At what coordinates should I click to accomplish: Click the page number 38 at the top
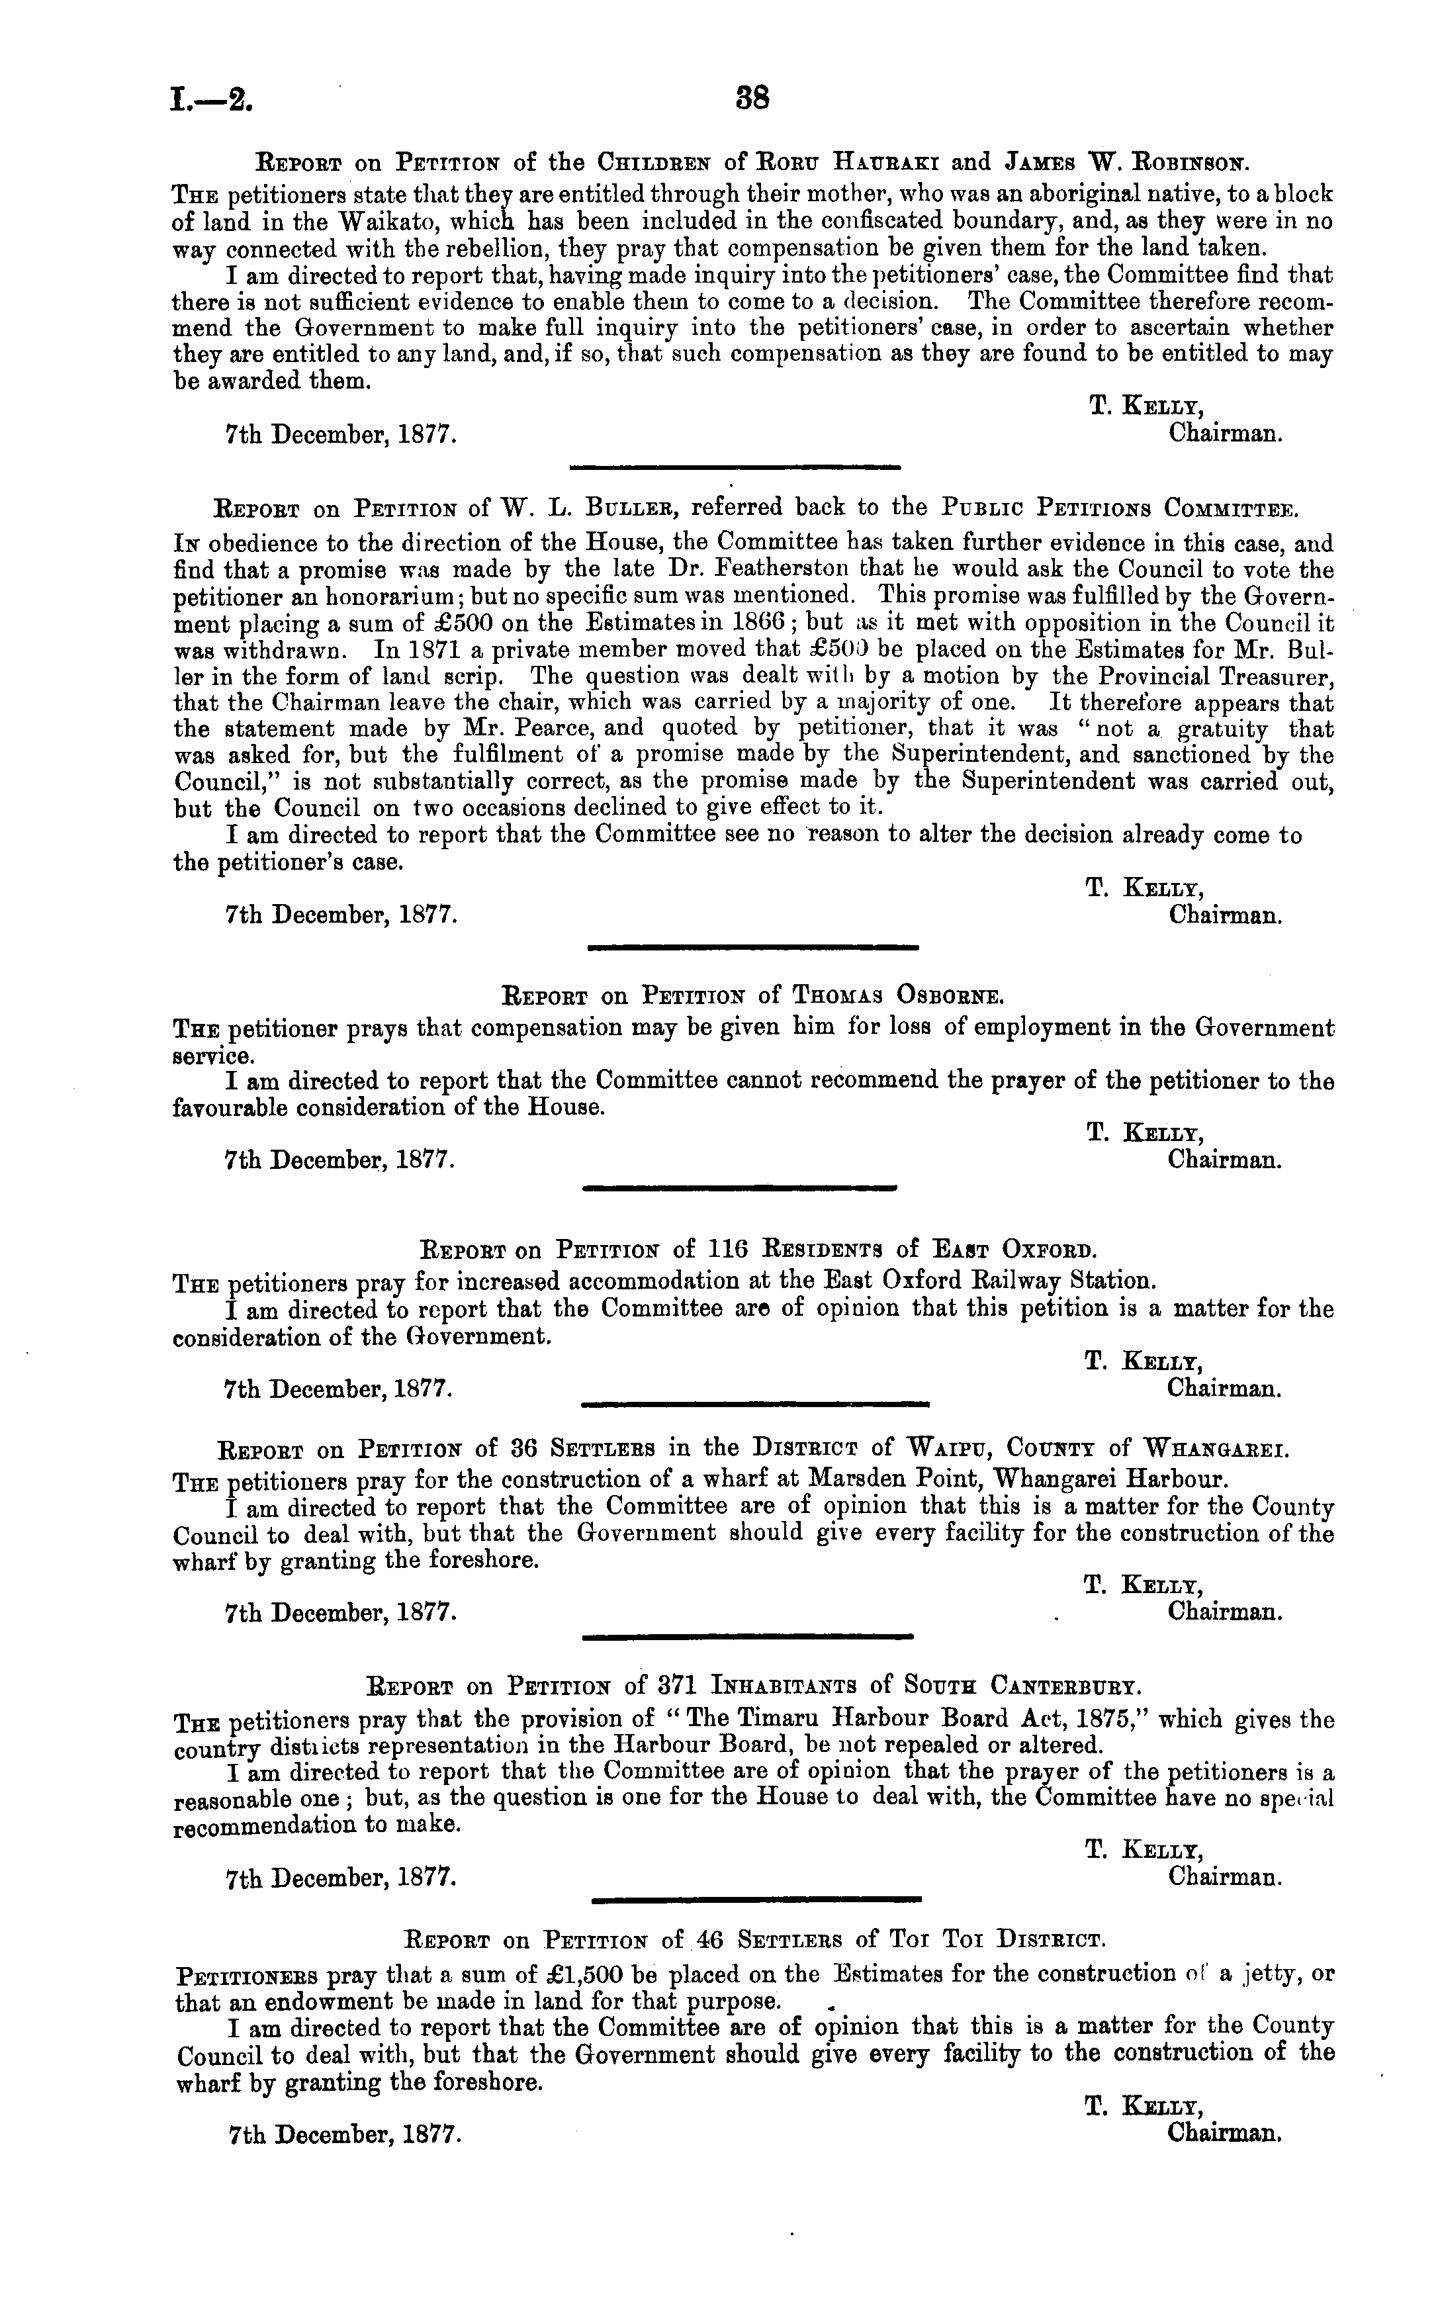[751, 98]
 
